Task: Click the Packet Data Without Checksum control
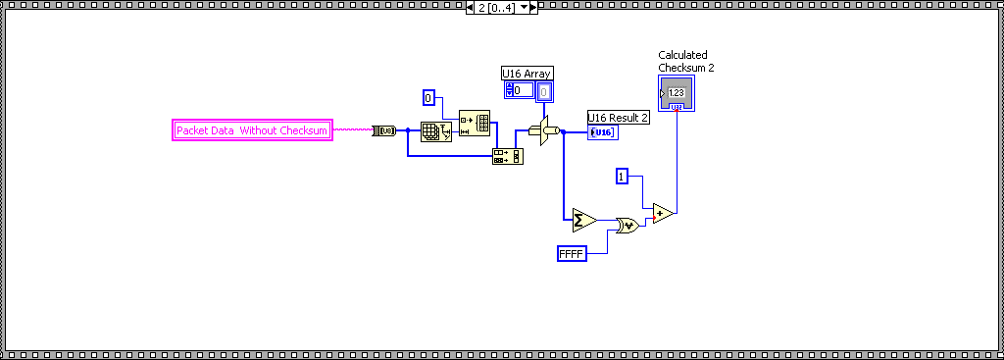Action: pyautogui.click(x=252, y=130)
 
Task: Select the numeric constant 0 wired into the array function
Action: pyautogui.click(x=427, y=97)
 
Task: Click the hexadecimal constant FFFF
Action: pyautogui.click(x=571, y=254)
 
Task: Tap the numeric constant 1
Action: pyautogui.click(x=622, y=176)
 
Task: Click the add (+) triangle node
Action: pyautogui.click(x=663, y=213)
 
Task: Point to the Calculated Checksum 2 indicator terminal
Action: pyautogui.click(x=677, y=93)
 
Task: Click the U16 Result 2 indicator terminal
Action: pyautogui.click(x=603, y=132)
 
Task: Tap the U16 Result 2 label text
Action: pyautogui.click(x=618, y=118)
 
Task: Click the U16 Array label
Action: pyautogui.click(x=527, y=73)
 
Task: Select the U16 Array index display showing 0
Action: pyautogui.click(x=520, y=90)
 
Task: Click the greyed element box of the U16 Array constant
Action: pyautogui.click(x=543, y=92)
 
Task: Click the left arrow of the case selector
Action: pyautogui.click(x=471, y=8)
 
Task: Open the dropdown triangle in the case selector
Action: pyautogui.click(x=524, y=8)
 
